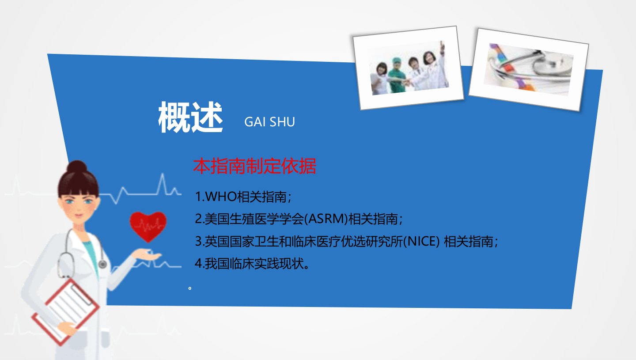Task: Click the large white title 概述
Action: pyautogui.click(x=190, y=117)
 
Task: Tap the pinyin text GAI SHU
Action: pyautogui.click(x=269, y=122)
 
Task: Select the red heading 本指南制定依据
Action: pyautogui.click(x=254, y=166)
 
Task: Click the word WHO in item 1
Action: pyautogui.click(x=220, y=197)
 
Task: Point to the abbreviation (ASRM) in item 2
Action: pyautogui.click(x=326, y=219)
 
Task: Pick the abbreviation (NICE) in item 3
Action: pyautogui.click(x=421, y=241)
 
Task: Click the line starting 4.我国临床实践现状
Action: pyautogui.click(x=252, y=263)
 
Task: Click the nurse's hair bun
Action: pyautogui.click(x=77, y=167)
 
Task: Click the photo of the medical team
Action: pyautogui.click(x=408, y=68)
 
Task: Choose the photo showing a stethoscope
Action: pyautogui.click(x=529, y=69)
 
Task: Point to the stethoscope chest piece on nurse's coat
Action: pyautogui.click(x=102, y=264)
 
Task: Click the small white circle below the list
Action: pyautogui.click(x=190, y=288)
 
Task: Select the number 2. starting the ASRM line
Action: pyautogui.click(x=200, y=219)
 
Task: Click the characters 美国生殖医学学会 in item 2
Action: pyautogui.click(x=254, y=219)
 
